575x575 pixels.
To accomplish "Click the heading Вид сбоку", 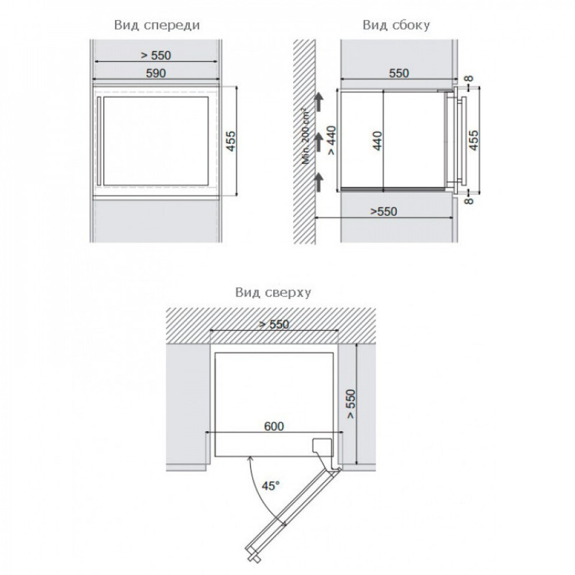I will click(397, 25).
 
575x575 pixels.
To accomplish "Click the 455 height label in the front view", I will click(231, 141).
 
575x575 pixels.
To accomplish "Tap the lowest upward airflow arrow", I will click(320, 180).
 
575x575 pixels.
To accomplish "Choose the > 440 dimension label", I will click(331, 141).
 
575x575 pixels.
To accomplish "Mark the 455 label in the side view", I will click(473, 141).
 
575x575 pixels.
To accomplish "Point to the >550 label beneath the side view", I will click(383, 211).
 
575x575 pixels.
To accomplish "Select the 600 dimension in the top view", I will click(273, 426).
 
